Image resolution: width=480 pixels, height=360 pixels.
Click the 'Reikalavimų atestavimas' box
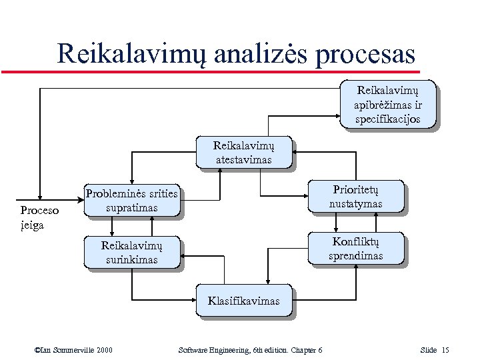[243, 152]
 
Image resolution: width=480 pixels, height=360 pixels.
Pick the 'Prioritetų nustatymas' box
[355, 196]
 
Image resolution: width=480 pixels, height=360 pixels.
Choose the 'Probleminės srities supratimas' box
[131, 200]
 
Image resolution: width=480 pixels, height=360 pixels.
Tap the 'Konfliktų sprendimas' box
[355, 248]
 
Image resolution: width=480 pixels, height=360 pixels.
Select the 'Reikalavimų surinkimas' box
[131, 252]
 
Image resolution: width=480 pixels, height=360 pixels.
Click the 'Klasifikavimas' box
[243, 301]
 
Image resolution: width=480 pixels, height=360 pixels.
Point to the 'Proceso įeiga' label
[39, 217]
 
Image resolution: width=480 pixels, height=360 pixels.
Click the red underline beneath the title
[210, 71]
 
